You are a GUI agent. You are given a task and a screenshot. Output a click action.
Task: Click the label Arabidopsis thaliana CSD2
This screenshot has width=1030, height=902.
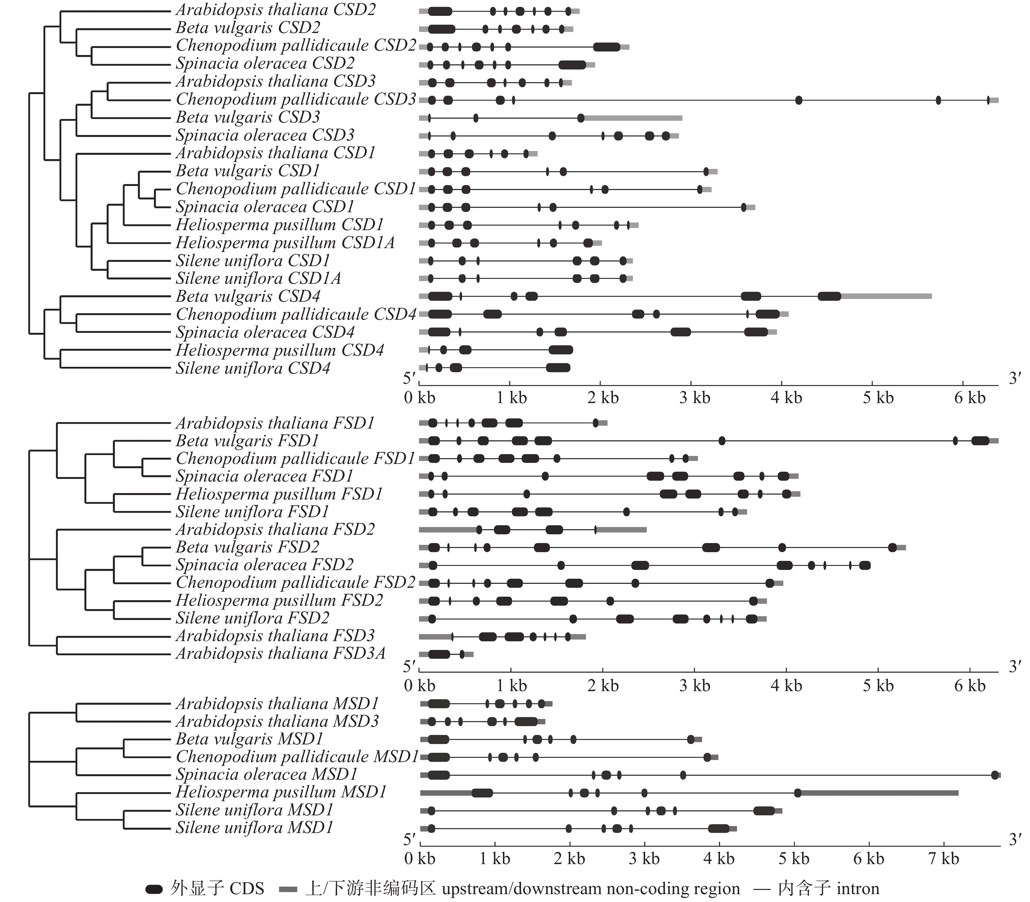click(275, 10)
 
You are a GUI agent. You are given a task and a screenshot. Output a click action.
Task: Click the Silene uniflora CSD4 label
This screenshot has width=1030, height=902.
click(253, 368)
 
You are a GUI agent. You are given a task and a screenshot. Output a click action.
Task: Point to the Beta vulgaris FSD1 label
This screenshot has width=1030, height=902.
click(247, 441)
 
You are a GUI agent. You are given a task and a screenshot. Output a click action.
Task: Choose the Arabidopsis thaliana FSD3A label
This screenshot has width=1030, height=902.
click(281, 654)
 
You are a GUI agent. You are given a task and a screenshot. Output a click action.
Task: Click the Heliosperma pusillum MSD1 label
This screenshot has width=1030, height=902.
click(281, 792)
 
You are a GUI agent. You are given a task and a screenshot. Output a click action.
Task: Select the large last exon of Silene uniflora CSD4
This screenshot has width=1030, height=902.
click(558, 368)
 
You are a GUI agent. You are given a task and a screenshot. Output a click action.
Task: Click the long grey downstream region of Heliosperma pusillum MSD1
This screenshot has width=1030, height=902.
click(879, 793)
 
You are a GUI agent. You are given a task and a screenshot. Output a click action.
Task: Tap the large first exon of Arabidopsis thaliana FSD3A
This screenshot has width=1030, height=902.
click(438, 655)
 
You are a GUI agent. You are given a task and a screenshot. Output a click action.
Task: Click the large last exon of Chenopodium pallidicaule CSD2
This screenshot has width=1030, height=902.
click(607, 47)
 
